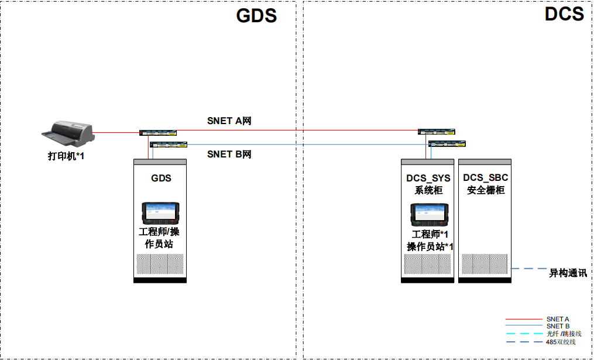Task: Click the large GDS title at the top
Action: (256, 15)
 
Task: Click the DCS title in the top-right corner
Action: (564, 13)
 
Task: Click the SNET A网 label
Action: (229, 121)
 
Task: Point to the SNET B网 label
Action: (229, 155)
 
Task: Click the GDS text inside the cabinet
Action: (161, 178)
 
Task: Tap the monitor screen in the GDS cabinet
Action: (161, 212)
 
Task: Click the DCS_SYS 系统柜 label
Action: (429, 184)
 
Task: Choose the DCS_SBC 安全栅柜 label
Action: (486, 184)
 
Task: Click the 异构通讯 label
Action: (568, 273)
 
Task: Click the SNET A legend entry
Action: (557, 319)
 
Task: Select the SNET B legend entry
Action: (557, 326)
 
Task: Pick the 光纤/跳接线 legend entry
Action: (561, 334)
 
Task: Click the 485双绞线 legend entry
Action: (561, 341)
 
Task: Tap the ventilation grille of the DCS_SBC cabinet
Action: (485, 265)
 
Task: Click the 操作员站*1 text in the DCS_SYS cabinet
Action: (431, 246)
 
